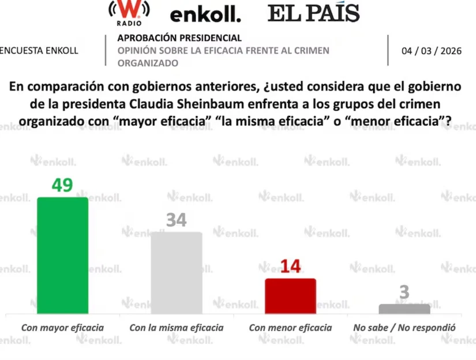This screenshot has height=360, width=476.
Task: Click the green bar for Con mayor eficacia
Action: [62, 256]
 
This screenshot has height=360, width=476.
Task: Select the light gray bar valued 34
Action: [176, 273]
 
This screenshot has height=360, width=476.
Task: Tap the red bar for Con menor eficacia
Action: [290, 296]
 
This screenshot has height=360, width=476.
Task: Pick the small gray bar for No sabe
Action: [404, 309]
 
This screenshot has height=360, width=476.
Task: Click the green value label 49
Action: [62, 185]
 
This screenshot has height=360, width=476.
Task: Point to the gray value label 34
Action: [176, 220]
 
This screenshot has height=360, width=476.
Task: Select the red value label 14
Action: [290, 267]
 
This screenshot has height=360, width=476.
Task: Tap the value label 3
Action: [404, 292]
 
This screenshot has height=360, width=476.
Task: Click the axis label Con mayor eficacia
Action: [62, 328]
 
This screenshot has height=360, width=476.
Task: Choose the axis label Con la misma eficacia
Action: [176, 328]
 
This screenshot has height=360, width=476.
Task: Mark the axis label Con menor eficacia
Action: [290, 328]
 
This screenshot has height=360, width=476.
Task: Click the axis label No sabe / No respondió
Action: [404, 328]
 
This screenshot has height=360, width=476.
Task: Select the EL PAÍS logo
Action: [313, 13]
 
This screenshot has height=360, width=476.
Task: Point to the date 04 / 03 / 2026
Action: [431, 51]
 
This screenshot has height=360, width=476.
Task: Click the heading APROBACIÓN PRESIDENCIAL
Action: [179, 38]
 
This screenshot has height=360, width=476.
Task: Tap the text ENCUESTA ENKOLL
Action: [39, 51]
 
